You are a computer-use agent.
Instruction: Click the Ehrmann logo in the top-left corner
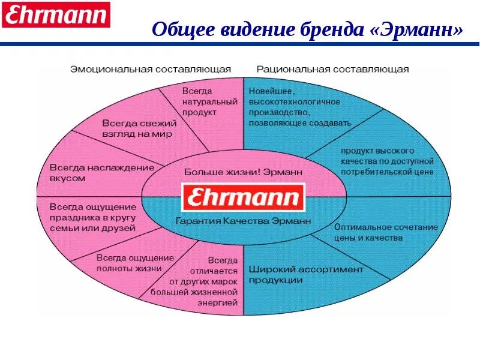click(x=56, y=14)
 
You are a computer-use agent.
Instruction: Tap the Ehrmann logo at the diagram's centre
click(x=244, y=197)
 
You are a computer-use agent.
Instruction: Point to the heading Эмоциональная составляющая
click(x=151, y=69)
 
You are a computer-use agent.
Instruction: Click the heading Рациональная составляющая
click(x=332, y=69)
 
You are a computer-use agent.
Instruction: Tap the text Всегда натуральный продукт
click(x=200, y=101)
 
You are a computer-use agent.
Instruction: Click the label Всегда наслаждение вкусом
click(x=102, y=173)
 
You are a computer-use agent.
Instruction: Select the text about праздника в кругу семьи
click(x=93, y=217)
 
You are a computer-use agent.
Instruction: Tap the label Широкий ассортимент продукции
click(x=306, y=274)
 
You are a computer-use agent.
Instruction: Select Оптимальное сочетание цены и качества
click(x=386, y=233)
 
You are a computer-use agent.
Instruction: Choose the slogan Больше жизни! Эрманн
click(x=244, y=172)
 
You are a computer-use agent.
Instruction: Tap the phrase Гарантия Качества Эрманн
click(x=244, y=221)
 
